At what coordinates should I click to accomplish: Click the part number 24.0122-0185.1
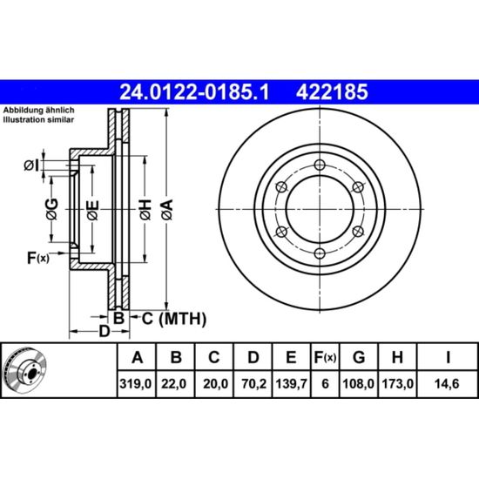point(194,92)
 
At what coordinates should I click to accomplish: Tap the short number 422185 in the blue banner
point(332,92)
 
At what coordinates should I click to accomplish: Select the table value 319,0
point(136,384)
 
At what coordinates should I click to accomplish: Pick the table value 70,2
point(253,384)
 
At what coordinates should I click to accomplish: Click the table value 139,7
point(291,384)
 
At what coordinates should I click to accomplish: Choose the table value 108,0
point(358,384)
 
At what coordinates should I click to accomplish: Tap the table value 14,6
point(448,384)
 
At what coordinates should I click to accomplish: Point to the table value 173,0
point(397,384)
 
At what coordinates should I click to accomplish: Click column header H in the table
point(397,357)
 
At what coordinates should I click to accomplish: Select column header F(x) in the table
point(325,357)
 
